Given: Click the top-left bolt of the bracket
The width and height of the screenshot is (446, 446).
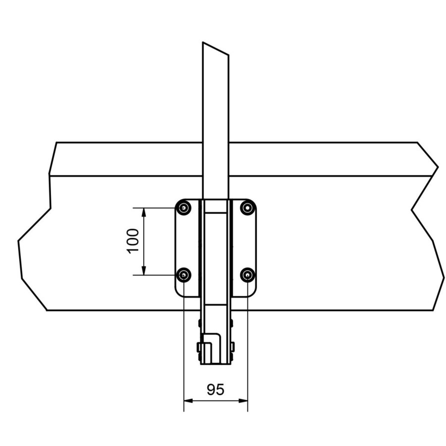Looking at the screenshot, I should [184, 208].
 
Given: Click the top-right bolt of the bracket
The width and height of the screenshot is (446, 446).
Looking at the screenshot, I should [247, 208].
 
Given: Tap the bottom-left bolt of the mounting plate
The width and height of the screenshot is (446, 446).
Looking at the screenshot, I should [184, 275].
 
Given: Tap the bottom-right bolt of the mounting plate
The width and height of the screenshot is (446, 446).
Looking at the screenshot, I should [247, 275].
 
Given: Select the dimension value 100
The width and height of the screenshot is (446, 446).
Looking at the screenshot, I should [133, 241].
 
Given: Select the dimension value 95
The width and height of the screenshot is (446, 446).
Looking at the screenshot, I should [215, 390].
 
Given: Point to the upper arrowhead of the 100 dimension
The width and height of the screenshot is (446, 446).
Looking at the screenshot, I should [144, 212].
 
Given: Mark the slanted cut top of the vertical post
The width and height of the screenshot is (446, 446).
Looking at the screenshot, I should [216, 49].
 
